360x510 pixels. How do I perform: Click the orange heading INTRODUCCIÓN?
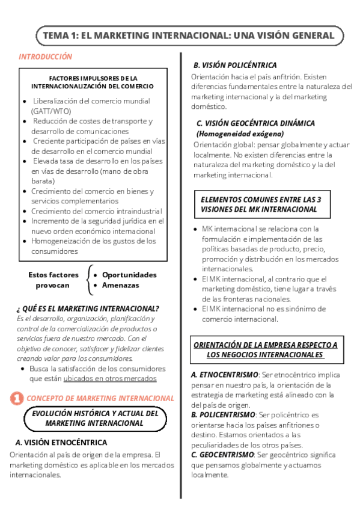45,57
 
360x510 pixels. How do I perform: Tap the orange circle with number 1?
17,398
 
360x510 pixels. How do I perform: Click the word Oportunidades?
129,275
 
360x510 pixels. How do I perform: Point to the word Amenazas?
120,285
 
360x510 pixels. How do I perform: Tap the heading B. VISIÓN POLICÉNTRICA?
235,65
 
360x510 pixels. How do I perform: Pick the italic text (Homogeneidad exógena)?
240,134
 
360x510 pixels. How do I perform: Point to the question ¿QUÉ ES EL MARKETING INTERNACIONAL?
88,309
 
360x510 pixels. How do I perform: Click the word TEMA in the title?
56,36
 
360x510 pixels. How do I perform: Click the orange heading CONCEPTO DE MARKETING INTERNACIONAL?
101,398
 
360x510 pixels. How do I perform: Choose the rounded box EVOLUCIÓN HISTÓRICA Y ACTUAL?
95,419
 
